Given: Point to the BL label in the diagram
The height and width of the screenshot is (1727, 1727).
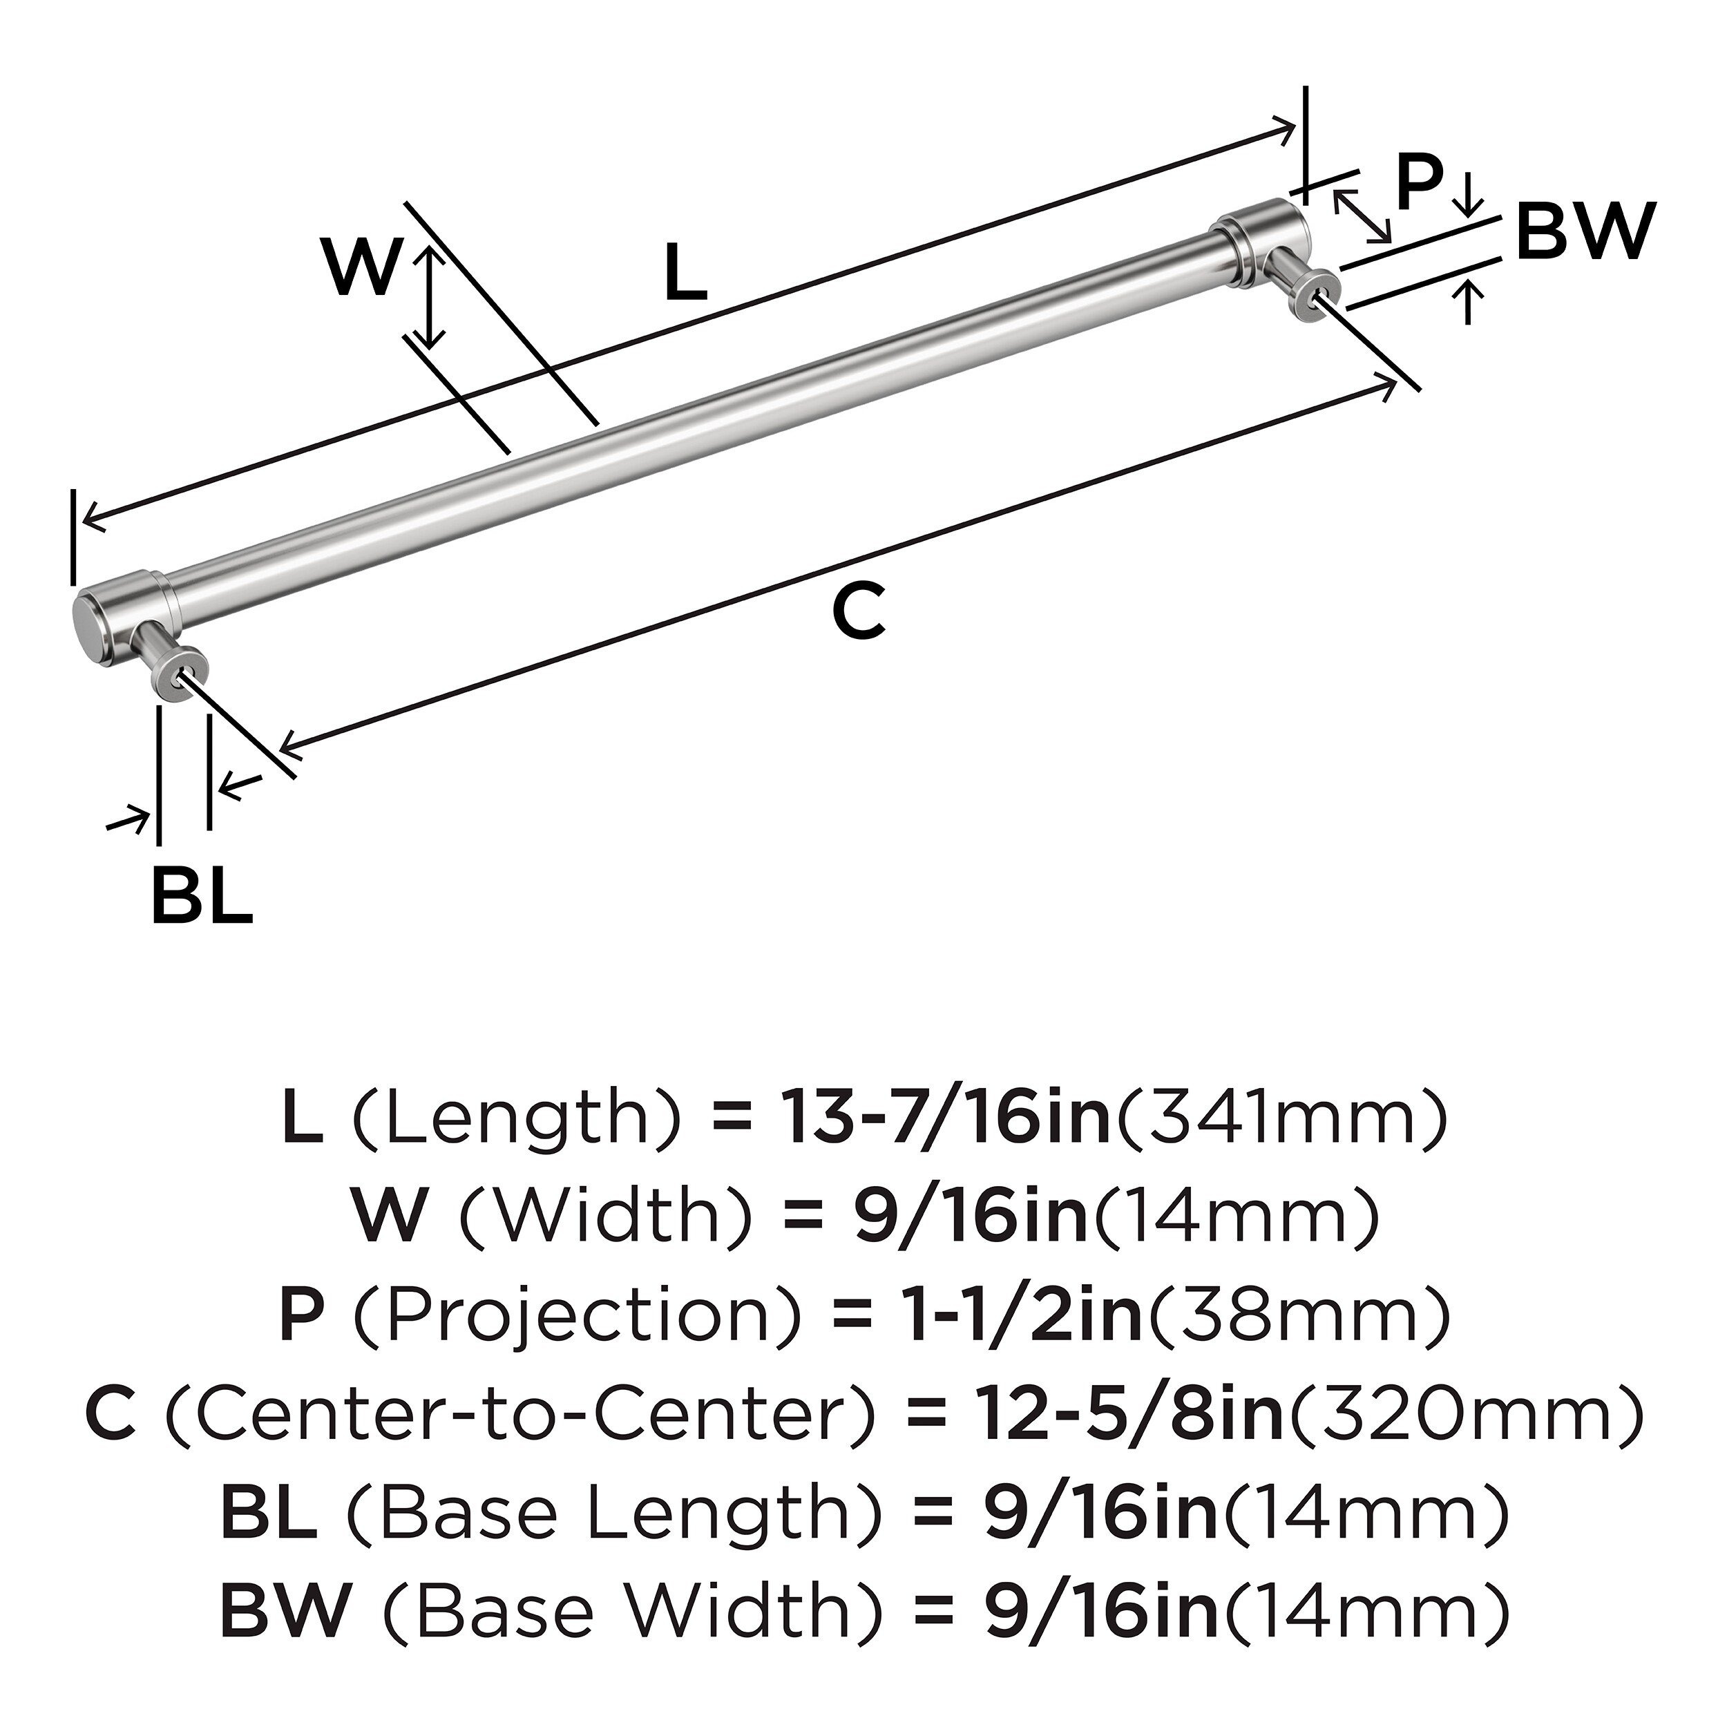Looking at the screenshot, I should (202, 894).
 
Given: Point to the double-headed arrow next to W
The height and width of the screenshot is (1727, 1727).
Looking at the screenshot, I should (430, 298).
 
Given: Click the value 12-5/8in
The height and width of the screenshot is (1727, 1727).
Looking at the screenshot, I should (1130, 1416).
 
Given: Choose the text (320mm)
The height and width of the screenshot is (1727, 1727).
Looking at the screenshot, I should (1465, 1416).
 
